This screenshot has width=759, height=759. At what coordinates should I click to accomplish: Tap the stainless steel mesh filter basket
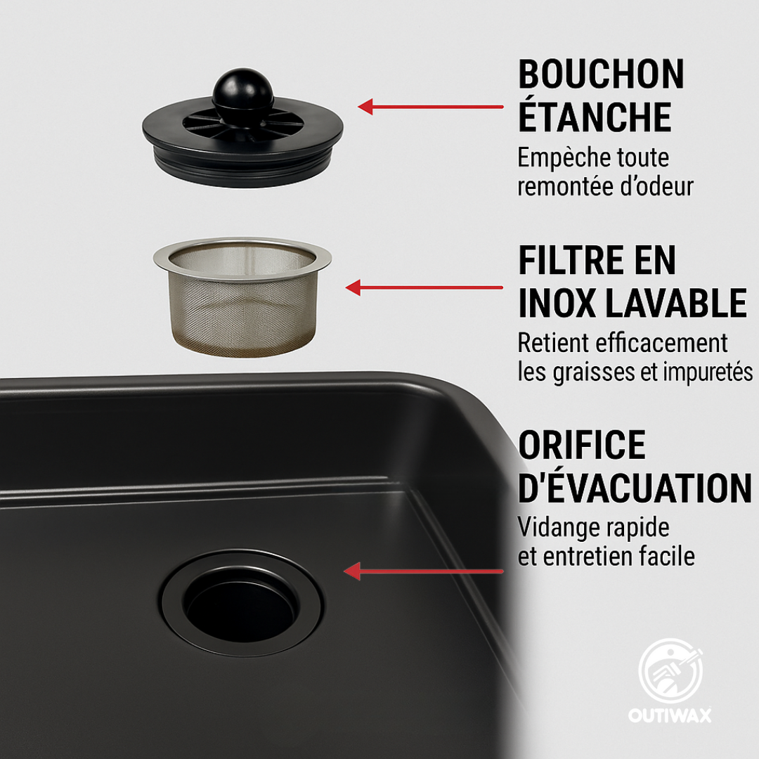[x=242, y=297]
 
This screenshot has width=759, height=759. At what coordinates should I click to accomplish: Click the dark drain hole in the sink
[x=241, y=606]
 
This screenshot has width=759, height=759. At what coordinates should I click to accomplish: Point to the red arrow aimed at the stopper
[x=430, y=107]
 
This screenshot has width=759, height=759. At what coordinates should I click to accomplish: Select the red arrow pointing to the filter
[x=424, y=287]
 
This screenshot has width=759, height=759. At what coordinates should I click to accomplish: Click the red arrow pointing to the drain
[x=423, y=571]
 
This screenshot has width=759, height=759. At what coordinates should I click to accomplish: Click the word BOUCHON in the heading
[x=601, y=74]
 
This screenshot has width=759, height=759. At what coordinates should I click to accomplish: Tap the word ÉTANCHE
[x=595, y=116]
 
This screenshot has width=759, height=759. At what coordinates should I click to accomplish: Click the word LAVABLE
[x=676, y=303]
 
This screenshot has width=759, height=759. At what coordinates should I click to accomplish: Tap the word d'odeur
[x=657, y=186]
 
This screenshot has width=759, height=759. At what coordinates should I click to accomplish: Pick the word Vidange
[x=555, y=528]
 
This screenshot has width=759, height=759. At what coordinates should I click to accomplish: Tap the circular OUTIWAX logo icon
[x=670, y=671]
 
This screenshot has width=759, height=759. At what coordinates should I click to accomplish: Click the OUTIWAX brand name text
[x=670, y=715]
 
